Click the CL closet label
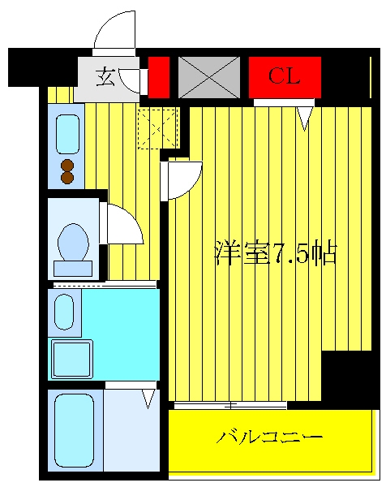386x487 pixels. click(284, 76)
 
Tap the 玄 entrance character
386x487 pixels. click(105, 76)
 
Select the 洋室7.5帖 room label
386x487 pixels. click(276, 252)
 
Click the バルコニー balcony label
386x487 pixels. click(269, 437)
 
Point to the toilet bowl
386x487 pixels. click(73, 242)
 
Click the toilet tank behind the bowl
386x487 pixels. click(73, 269)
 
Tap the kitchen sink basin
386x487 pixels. click(67, 134)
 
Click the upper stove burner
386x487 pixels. click(67, 166)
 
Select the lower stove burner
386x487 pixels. click(67, 178)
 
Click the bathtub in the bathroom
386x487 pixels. click(74, 430)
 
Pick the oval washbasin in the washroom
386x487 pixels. click(64, 312)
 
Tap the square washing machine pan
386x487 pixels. click(72, 360)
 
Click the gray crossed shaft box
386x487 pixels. click(209, 77)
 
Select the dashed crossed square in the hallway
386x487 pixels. click(157, 128)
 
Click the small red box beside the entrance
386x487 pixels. click(159, 77)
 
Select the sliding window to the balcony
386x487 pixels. click(230, 406)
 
